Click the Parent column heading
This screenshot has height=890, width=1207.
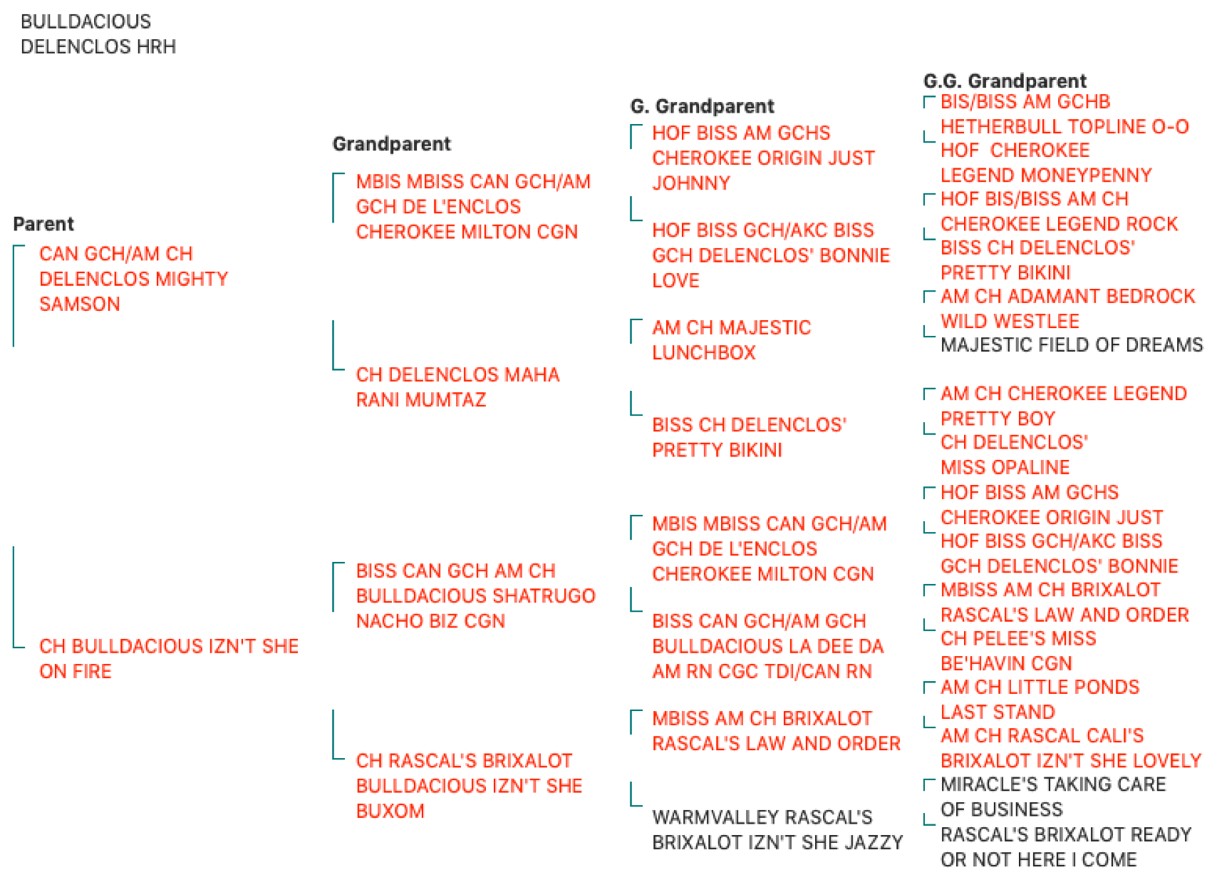[x=43, y=224]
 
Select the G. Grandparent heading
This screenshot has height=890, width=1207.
[x=702, y=106]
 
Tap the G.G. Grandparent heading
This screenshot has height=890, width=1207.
[x=1005, y=81]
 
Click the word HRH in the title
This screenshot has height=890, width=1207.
[x=156, y=46]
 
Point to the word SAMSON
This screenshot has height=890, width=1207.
[x=80, y=305]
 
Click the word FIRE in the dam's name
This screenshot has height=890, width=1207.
[x=91, y=672]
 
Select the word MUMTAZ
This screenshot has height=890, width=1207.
[x=445, y=399]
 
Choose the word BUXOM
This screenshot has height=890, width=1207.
[x=390, y=812]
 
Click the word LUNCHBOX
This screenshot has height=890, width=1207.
[x=704, y=353]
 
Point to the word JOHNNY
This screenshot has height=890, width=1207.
[x=691, y=183]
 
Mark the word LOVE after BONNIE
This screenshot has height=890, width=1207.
[x=675, y=280]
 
